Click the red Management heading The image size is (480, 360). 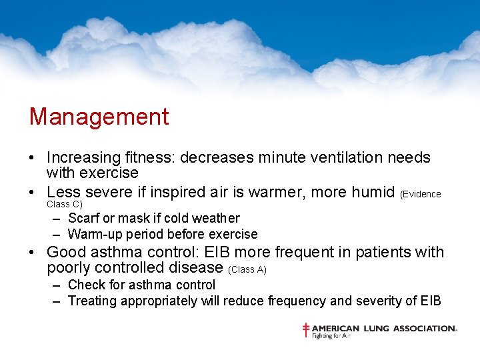(x=99, y=117)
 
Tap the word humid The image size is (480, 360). (x=368, y=193)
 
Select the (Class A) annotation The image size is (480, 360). (x=247, y=269)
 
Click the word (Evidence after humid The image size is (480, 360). (x=421, y=194)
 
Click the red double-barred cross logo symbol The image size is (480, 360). (x=306, y=330)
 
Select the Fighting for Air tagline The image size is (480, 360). (x=331, y=336)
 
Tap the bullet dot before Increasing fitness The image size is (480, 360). (x=32, y=159)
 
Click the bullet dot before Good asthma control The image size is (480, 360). (x=32, y=253)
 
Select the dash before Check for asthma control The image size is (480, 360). (x=57, y=285)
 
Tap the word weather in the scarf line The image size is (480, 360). (x=216, y=218)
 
